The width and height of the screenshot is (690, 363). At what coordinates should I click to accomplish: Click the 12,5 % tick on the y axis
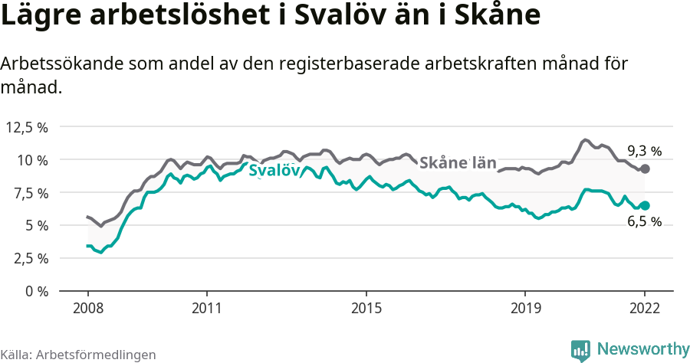coord(27,127)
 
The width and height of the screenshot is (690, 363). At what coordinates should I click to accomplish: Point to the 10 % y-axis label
coord(32,160)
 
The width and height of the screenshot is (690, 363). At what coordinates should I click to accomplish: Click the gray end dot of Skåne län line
coord(645,168)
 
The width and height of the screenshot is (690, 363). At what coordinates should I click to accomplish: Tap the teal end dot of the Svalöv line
coord(645,205)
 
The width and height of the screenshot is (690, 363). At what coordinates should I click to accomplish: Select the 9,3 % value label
coord(644,150)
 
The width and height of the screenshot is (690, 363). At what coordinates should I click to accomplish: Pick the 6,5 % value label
coord(644,222)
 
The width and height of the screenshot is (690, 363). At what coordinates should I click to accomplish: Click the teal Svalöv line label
coord(274,171)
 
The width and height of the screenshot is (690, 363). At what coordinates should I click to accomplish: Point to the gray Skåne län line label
coord(458,162)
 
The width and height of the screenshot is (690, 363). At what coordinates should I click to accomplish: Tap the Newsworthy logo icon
coord(580,349)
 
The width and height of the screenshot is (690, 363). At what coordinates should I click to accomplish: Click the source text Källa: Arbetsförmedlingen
coord(78,355)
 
